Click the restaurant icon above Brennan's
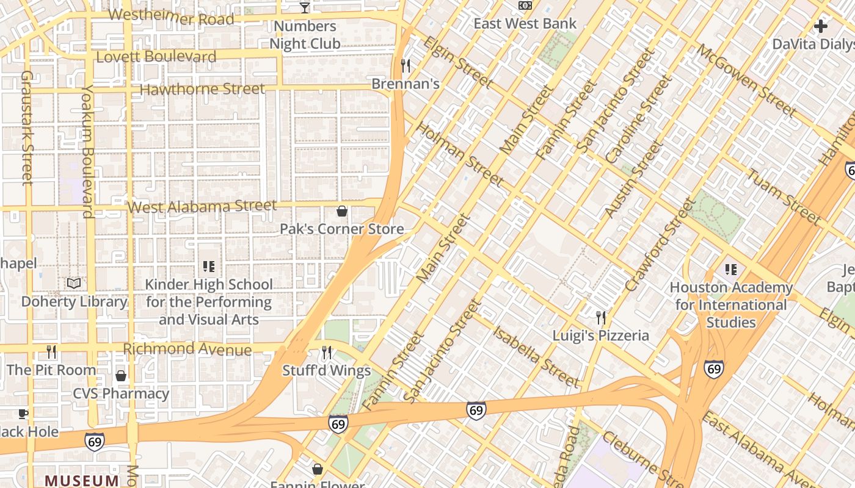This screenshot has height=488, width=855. (406, 65)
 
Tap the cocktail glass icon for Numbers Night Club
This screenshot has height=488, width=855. (305, 7)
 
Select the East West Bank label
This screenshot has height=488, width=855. (525, 24)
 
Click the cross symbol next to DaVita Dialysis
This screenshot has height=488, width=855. (821, 26)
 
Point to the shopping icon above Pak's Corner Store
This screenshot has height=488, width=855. (342, 211)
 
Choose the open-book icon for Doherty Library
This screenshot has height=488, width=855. (74, 283)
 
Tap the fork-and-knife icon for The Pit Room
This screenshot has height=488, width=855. (51, 351)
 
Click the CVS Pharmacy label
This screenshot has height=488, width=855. (121, 393)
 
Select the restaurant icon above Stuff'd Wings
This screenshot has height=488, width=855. (327, 353)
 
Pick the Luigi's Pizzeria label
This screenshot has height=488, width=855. (601, 335)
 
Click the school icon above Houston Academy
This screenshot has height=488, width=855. (730, 269)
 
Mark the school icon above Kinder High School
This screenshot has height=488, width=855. (209, 267)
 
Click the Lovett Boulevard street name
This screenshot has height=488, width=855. (156, 57)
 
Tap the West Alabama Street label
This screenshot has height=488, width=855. (202, 206)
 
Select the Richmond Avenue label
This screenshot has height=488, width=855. (187, 349)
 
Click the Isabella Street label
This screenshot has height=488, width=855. (536, 357)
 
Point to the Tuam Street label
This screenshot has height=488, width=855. (784, 195)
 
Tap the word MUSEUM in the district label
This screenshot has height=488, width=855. (81, 481)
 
